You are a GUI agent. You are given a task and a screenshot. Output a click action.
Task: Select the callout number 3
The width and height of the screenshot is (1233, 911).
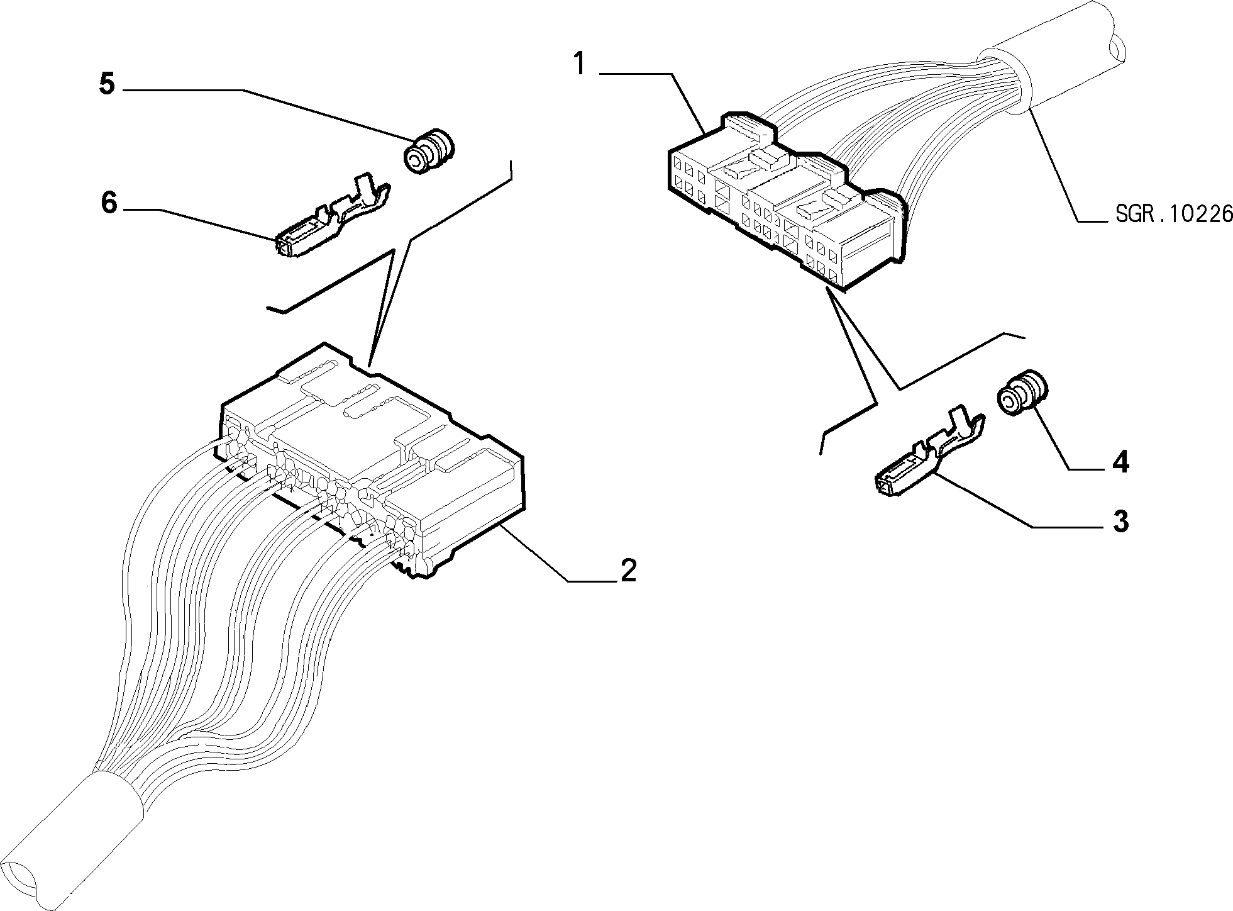point(1120,522)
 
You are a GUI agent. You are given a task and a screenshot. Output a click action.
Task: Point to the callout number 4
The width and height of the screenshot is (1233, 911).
point(1120,462)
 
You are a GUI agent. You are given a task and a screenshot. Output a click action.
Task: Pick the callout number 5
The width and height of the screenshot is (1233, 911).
point(108,84)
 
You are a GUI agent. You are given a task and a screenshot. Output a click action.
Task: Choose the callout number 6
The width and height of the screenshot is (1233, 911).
point(109,203)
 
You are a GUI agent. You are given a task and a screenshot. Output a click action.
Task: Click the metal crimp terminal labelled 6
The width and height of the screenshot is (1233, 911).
point(331,218)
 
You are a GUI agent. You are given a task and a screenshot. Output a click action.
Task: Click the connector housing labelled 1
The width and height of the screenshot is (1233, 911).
point(786,200)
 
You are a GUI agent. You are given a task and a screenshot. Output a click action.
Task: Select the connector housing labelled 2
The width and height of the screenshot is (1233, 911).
point(371,460)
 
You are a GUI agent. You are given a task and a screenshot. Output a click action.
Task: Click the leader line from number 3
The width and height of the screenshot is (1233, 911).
point(1019,501)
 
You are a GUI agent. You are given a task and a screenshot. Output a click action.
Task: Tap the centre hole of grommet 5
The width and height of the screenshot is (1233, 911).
point(414,162)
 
